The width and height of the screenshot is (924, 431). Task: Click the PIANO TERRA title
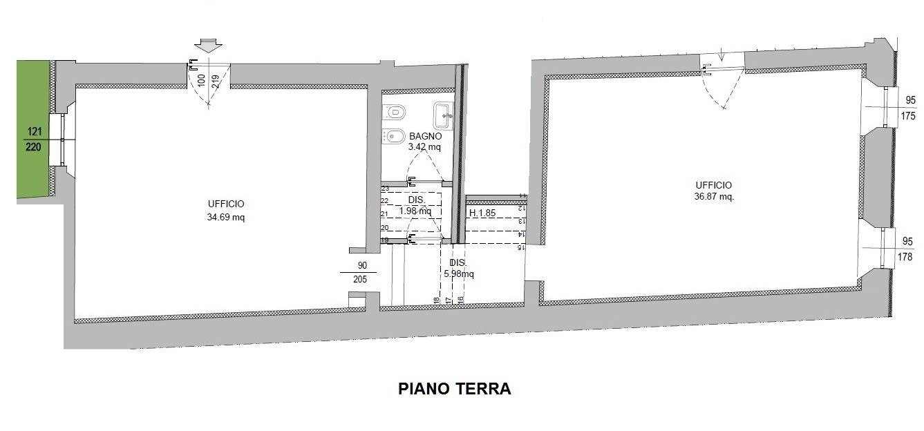454,388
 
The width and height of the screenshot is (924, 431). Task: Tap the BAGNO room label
425,136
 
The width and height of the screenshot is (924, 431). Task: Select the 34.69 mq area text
225,217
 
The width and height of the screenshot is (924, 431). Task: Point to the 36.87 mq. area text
714,197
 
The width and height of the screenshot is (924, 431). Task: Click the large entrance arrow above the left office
208,45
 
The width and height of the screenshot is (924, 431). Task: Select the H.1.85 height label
482,213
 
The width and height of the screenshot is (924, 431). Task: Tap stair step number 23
385,189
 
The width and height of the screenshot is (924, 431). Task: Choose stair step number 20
385,228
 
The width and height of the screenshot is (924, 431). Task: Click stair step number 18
437,300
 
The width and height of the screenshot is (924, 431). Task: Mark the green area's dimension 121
35,131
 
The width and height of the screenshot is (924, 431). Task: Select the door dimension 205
359,279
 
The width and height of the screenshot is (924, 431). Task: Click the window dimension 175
908,116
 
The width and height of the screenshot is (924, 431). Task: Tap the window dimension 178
905,257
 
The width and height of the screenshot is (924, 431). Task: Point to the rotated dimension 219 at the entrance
216,82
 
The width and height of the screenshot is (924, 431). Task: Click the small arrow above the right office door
721,54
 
